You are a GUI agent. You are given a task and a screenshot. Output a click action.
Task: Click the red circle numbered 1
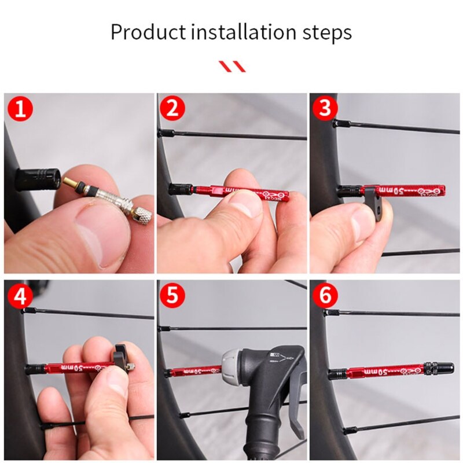[20, 109]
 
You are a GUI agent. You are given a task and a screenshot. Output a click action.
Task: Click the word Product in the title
[148, 32]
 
